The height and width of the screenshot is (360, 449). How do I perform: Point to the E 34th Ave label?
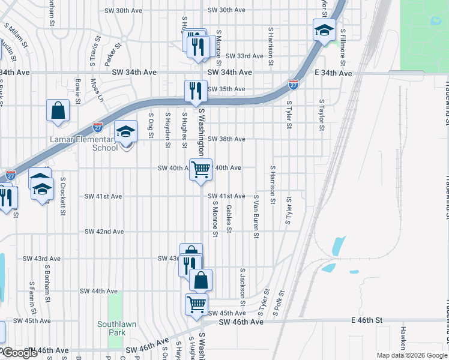[333, 73]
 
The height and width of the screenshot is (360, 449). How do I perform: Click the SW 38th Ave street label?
[226, 139]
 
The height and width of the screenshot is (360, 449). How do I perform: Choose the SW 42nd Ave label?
[104, 231]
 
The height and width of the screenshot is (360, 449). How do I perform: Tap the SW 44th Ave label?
[99, 290]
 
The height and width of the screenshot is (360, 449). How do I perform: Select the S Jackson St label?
[243, 286]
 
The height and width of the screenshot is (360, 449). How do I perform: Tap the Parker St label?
[113, 53]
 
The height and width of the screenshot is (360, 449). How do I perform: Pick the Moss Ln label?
[97, 90]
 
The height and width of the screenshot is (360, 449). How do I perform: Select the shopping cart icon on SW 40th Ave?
[201, 169]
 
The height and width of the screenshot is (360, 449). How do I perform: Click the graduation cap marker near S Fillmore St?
[324, 30]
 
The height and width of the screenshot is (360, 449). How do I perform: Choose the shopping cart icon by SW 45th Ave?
[197, 304]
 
